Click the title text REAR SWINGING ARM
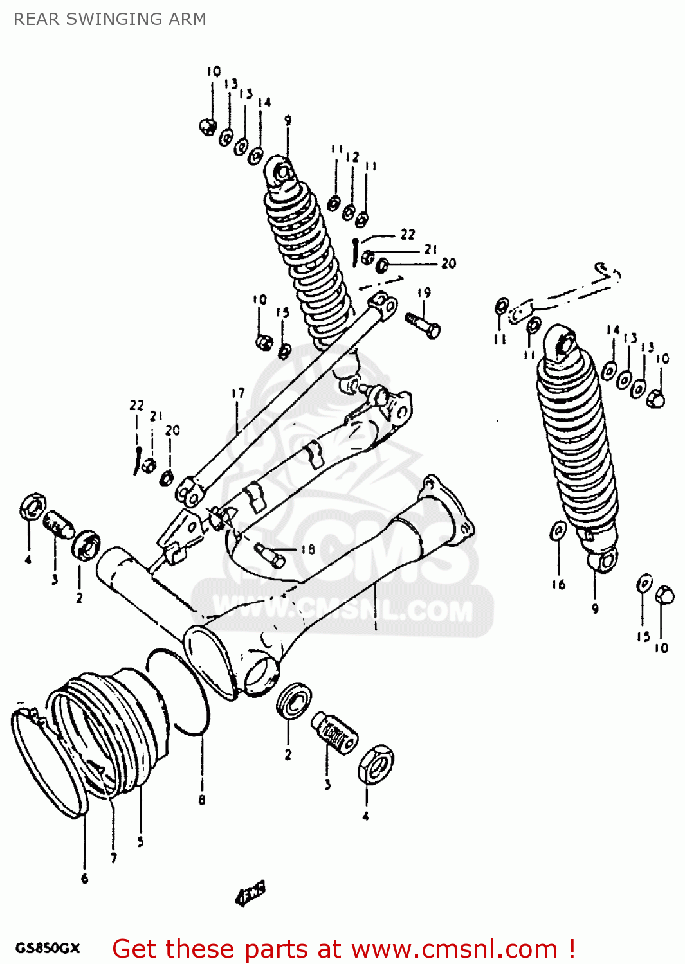[110, 19]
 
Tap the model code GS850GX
[48, 948]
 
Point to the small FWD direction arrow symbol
[251, 893]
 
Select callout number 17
[238, 393]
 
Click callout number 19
[424, 292]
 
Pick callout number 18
[308, 549]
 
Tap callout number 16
[558, 584]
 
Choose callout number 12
[352, 157]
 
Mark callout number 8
[201, 799]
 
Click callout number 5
[140, 841]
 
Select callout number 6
[84, 879]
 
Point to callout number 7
[114, 858]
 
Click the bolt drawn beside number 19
[423, 324]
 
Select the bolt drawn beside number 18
[270, 554]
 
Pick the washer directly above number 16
[558, 531]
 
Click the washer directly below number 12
[349, 211]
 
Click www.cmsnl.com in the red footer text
[454, 949]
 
